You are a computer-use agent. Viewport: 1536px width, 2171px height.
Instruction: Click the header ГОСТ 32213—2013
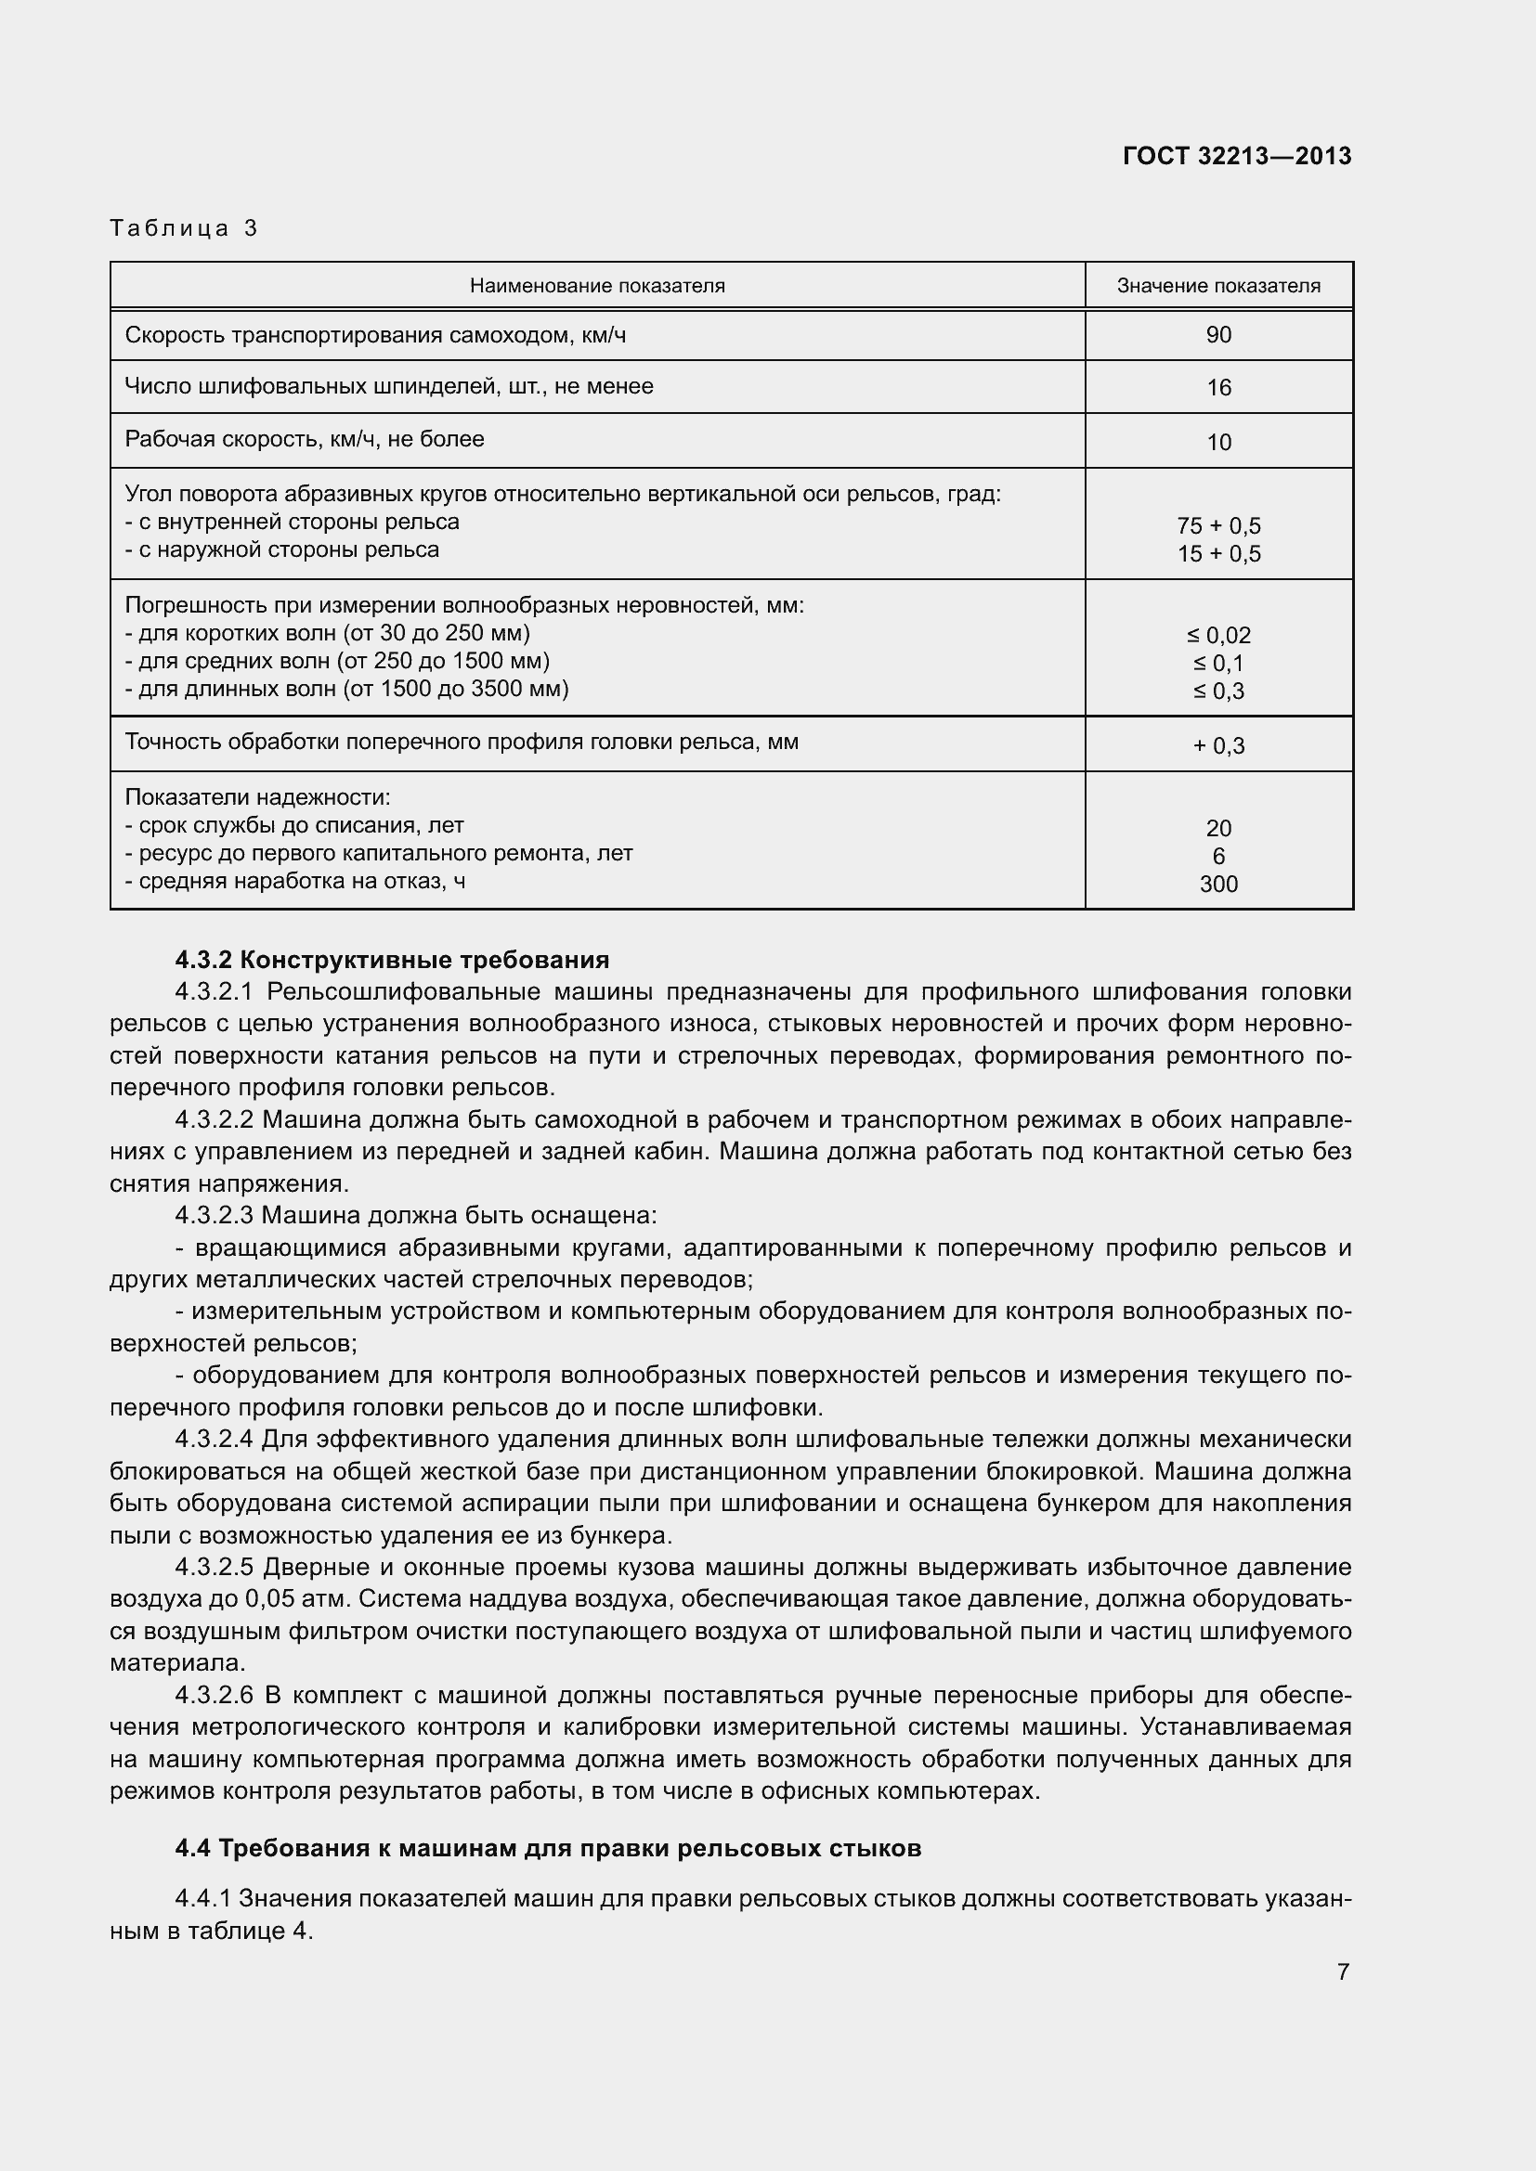[x=1236, y=156]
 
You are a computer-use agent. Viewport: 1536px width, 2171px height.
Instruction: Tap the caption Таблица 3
[x=184, y=228]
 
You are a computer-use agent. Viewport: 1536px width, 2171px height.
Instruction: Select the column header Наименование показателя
[x=597, y=286]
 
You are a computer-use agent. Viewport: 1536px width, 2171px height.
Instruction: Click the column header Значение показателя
[x=1218, y=286]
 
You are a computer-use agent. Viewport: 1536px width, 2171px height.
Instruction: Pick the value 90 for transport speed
[x=1218, y=335]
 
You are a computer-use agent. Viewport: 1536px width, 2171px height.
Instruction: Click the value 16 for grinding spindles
[x=1218, y=388]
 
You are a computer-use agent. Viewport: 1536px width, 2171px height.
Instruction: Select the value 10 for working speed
[x=1218, y=442]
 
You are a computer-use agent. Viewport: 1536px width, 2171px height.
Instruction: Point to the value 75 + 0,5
[x=1218, y=525]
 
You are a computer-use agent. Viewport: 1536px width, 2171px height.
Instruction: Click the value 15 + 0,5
[x=1218, y=554]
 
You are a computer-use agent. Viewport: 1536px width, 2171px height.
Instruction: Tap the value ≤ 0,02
[x=1218, y=636]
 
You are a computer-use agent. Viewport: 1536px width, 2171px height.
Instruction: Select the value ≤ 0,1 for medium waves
[x=1218, y=663]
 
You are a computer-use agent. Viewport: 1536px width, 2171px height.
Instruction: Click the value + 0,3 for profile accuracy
[x=1218, y=746]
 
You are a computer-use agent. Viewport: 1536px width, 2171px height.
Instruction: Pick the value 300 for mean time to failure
[x=1218, y=885]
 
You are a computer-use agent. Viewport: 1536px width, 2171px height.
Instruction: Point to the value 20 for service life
[x=1218, y=828]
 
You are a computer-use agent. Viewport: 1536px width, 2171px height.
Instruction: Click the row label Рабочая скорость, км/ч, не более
[x=305, y=439]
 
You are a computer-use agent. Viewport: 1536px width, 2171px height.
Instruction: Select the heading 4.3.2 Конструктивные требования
[x=392, y=960]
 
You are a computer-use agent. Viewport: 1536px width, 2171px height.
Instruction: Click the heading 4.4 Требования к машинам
[x=548, y=1848]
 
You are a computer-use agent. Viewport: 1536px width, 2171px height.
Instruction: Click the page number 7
[x=1342, y=1971]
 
